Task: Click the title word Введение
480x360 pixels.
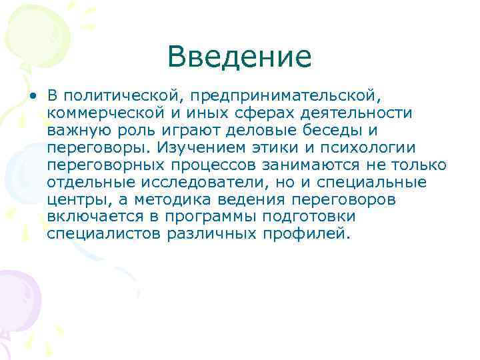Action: pos(239,57)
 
